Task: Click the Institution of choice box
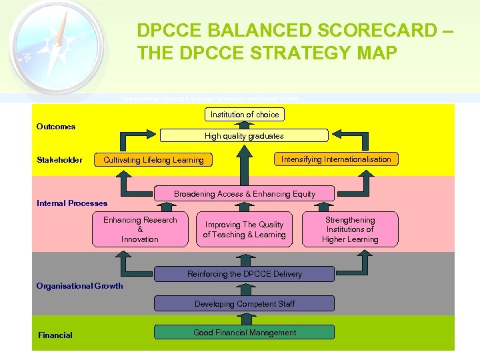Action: (x=245, y=115)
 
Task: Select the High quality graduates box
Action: (x=244, y=136)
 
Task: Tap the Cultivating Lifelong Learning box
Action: (x=153, y=160)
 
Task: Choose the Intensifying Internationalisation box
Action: (x=336, y=159)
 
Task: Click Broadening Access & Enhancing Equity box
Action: (x=244, y=194)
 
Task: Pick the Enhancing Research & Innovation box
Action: (x=140, y=229)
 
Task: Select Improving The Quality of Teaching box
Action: (x=244, y=229)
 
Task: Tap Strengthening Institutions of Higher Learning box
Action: (x=350, y=229)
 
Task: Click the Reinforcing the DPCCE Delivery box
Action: (x=244, y=274)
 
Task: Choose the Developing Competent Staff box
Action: (x=244, y=304)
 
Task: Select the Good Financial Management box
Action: (x=244, y=333)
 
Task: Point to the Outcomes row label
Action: (x=56, y=127)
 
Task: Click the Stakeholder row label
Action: (x=60, y=159)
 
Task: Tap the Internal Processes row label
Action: (x=72, y=203)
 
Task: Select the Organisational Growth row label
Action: (x=80, y=286)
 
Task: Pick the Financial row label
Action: (x=55, y=335)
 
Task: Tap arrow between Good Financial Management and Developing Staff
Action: (x=244, y=319)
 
